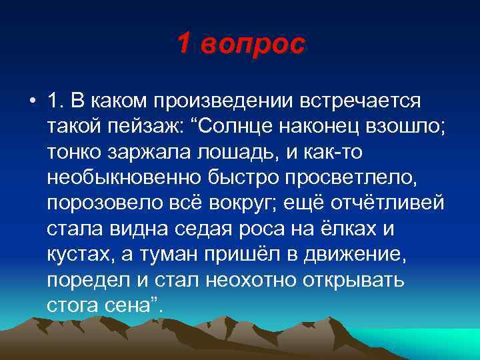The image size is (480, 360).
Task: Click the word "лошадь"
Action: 231,153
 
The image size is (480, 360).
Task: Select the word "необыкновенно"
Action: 119,179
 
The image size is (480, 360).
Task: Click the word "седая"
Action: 195,229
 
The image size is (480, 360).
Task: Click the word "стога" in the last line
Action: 70,305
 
